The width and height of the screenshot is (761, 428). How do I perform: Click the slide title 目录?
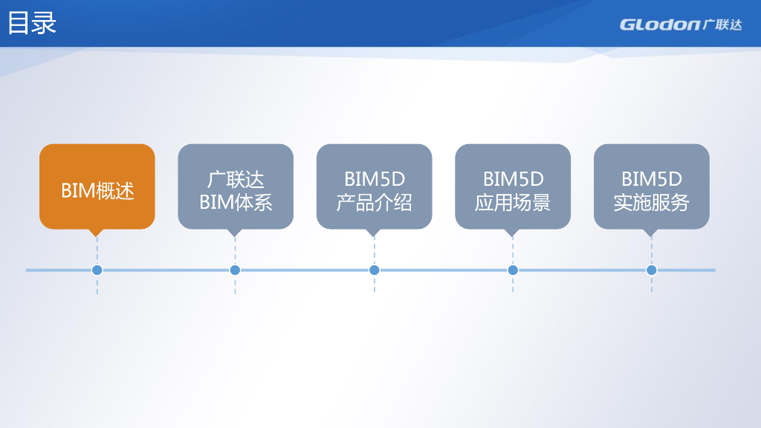32,23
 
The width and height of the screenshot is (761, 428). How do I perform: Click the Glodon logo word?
660,25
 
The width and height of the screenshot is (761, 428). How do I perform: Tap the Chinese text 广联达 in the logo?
722,25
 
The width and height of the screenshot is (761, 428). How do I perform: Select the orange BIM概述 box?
97,186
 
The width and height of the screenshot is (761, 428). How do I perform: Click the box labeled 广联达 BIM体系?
236,186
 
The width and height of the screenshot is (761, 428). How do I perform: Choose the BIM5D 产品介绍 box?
375,186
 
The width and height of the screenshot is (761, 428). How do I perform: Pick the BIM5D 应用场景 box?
513,186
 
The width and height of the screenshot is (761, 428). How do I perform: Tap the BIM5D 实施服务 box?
652,186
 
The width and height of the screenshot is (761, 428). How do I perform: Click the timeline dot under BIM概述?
97,270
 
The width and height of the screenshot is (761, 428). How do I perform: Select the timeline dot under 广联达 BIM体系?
235,270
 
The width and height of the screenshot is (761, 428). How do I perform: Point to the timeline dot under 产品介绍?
375,270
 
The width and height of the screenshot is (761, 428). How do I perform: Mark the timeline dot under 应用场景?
513,270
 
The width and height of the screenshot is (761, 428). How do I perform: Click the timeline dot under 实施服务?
652,270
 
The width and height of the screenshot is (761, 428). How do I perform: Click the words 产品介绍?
375,203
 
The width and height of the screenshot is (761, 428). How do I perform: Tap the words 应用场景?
513,203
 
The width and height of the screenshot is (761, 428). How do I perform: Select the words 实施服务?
652,203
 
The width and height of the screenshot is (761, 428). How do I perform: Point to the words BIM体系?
236,203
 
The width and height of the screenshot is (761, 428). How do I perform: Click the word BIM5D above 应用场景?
513,180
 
